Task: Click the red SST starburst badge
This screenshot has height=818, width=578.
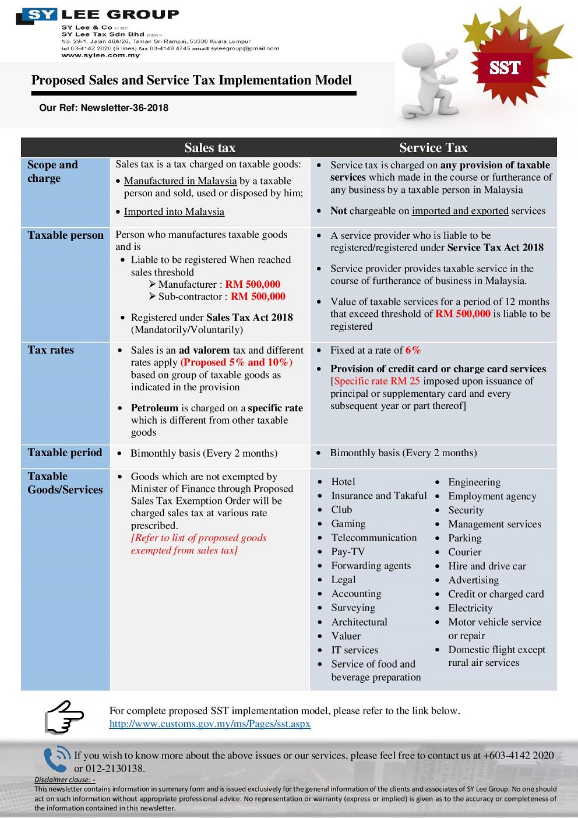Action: pyautogui.click(x=505, y=68)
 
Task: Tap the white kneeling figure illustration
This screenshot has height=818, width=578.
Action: pyautogui.click(x=430, y=82)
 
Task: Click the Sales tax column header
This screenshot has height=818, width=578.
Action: pyautogui.click(x=210, y=147)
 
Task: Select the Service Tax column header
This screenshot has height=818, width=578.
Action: pyautogui.click(x=433, y=147)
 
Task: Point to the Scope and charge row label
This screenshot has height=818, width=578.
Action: pyautogui.click(x=52, y=171)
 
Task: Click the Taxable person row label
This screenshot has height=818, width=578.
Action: pyautogui.click(x=65, y=235)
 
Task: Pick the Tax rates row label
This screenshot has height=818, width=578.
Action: pyautogui.click(x=51, y=350)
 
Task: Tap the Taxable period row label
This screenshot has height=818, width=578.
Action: pyautogui.click(x=65, y=453)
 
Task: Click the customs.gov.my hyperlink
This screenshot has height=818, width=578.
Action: pyautogui.click(x=210, y=724)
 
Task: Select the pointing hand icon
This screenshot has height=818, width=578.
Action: pyautogui.click(x=64, y=717)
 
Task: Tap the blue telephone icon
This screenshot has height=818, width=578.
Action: pyautogui.click(x=57, y=759)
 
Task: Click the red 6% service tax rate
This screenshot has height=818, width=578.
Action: pyautogui.click(x=413, y=350)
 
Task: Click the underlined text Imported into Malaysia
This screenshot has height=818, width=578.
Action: pyautogui.click(x=174, y=211)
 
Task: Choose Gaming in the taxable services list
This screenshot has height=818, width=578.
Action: pyautogui.click(x=348, y=524)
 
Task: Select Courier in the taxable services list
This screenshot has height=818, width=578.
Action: pyautogui.click(x=465, y=552)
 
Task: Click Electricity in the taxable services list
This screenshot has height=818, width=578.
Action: pyautogui.click(x=470, y=608)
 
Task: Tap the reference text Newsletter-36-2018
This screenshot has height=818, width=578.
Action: pyautogui.click(x=124, y=108)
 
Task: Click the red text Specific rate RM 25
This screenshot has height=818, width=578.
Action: pyautogui.click(x=376, y=381)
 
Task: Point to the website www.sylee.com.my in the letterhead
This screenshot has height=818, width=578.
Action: pyautogui.click(x=101, y=55)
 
